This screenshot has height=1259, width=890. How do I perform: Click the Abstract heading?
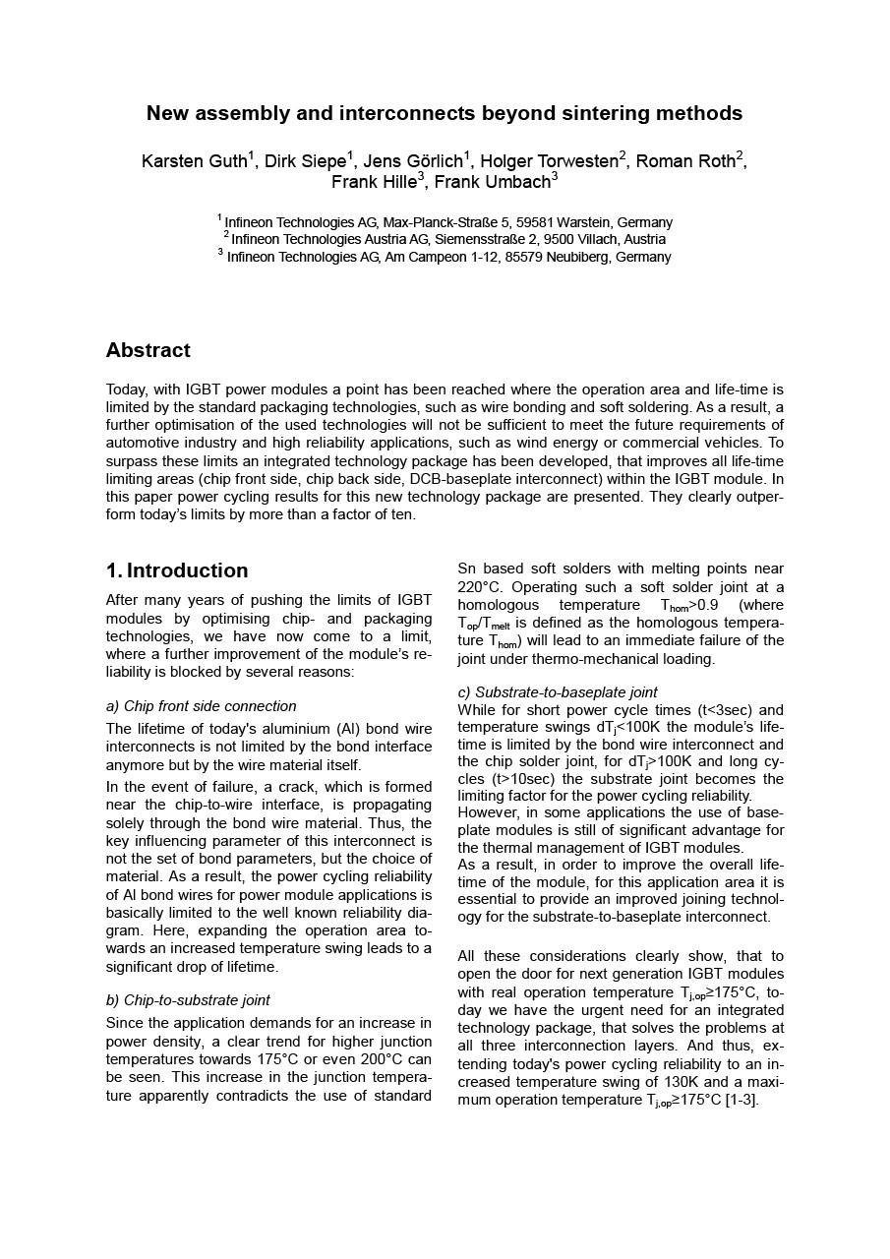click(148, 350)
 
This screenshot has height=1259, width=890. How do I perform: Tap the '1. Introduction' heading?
click(177, 570)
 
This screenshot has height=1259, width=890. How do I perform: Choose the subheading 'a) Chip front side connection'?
click(201, 706)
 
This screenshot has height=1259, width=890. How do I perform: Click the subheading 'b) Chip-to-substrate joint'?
click(188, 1000)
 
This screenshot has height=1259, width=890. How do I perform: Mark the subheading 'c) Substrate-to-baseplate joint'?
click(558, 692)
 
